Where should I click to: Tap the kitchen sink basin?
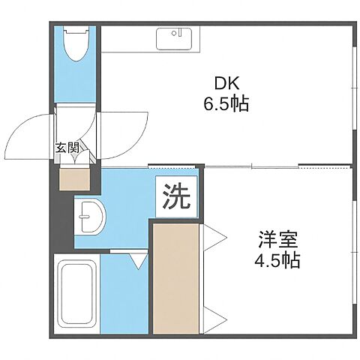[x=176, y=37]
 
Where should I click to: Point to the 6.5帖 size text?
[x=225, y=104]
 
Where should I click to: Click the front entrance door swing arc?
[x=26, y=135]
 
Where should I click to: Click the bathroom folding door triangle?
[x=137, y=259]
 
